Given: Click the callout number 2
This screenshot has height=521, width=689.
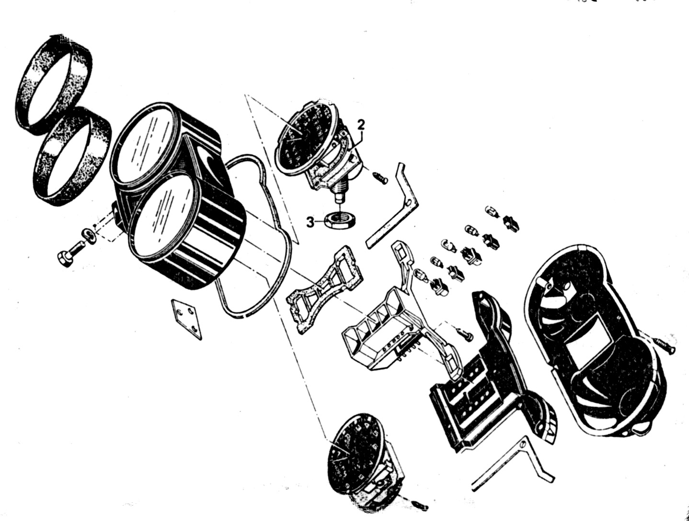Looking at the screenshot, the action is point(361,125).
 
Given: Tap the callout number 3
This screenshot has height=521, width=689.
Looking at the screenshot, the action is point(310,223).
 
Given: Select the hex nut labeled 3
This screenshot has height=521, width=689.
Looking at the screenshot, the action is point(340,221).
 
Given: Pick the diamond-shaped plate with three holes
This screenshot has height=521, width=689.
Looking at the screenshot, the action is point(186,319).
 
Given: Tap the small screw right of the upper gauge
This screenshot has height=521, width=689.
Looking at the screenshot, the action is point(380,177).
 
